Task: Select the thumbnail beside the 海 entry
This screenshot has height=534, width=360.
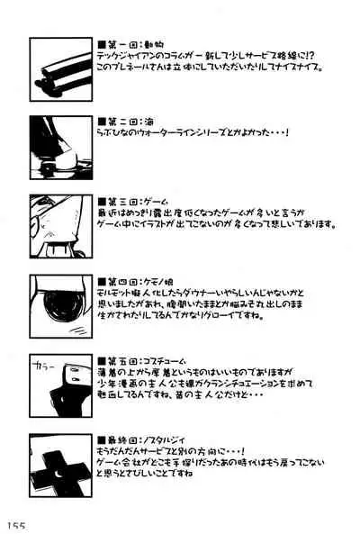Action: point(61,144)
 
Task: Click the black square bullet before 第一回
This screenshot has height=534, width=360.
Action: point(103,41)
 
